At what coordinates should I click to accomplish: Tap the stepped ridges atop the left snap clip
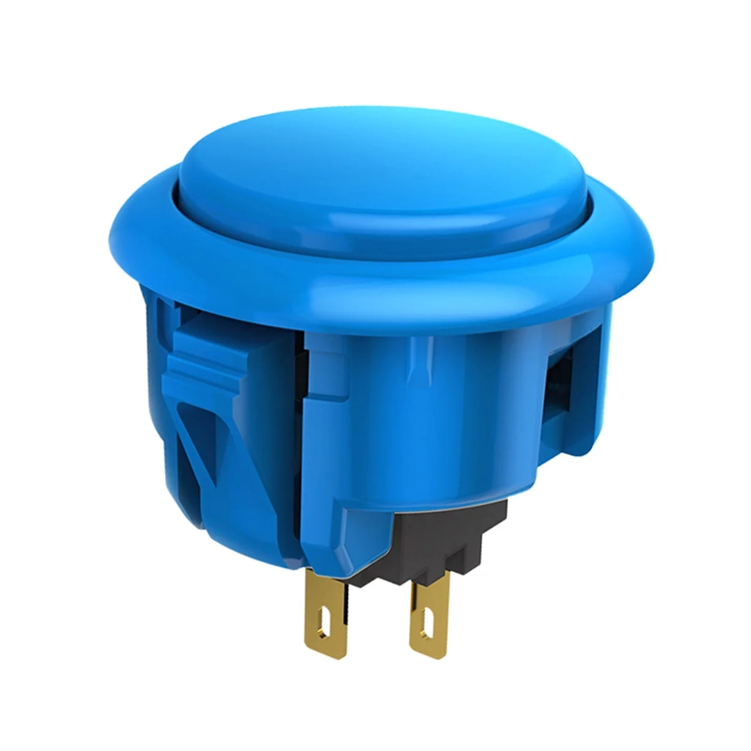(207, 357)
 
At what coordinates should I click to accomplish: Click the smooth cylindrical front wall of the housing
(438, 438)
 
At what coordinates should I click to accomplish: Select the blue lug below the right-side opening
(563, 451)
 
